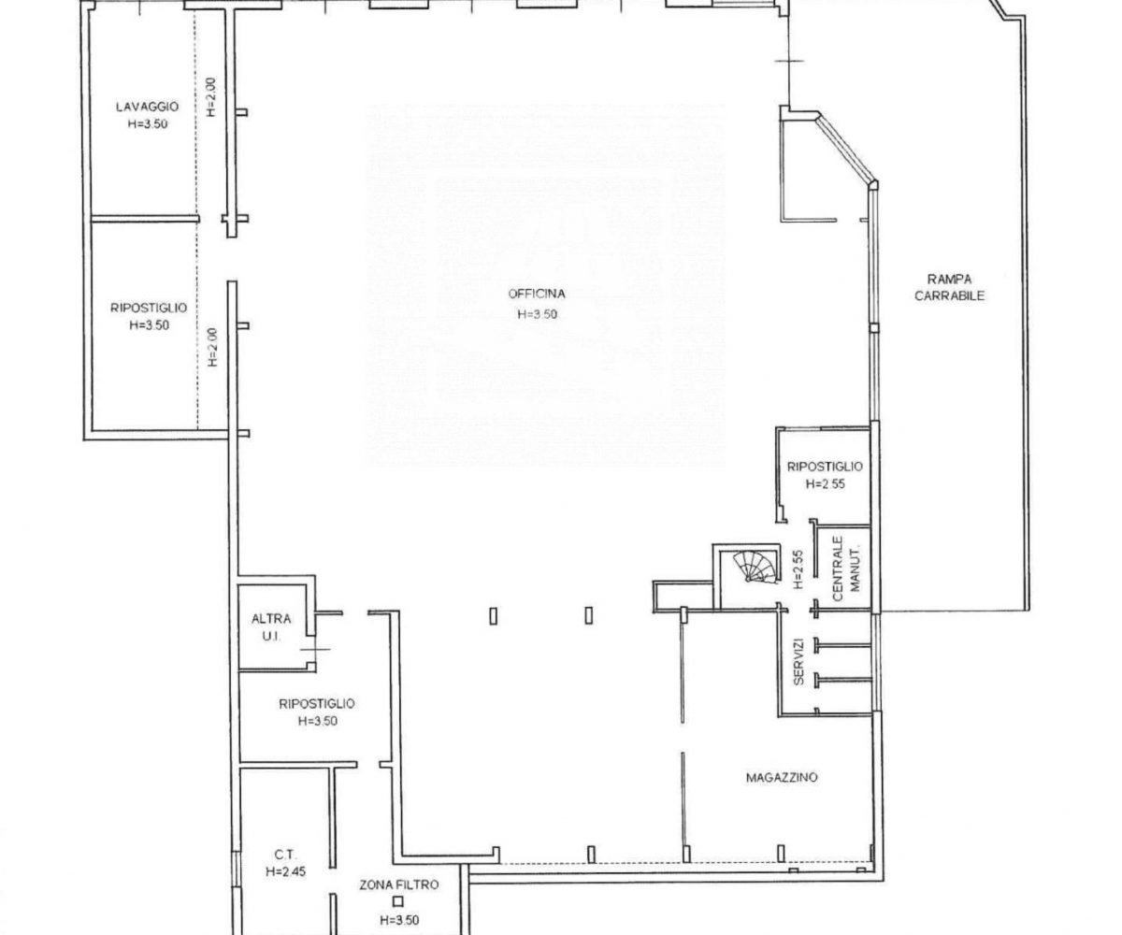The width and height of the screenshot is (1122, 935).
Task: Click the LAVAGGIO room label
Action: (x=147, y=107)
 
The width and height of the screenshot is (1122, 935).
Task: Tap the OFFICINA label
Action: (x=537, y=294)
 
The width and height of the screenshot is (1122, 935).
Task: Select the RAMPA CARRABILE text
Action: (x=950, y=287)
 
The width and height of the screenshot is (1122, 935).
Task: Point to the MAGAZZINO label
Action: (x=782, y=777)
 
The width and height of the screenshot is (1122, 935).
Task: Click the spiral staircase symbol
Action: (x=757, y=567)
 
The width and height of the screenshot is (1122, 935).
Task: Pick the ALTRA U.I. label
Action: (x=271, y=627)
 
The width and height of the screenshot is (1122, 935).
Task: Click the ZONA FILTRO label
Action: (x=398, y=885)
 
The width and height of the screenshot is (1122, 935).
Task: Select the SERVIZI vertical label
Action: (x=798, y=661)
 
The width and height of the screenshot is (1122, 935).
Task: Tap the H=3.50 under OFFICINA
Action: (x=537, y=314)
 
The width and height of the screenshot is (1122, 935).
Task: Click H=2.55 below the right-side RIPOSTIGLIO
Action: (x=825, y=483)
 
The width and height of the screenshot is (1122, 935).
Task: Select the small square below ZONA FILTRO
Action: (x=397, y=901)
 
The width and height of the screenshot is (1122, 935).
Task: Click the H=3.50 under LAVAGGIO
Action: (x=147, y=123)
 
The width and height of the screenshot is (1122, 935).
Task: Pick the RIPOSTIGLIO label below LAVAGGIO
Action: (x=149, y=308)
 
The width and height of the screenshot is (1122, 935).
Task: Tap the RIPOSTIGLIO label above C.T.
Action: (x=317, y=703)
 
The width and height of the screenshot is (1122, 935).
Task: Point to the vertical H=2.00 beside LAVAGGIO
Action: (x=211, y=97)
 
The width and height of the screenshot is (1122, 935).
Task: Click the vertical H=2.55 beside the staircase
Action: (x=798, y=568)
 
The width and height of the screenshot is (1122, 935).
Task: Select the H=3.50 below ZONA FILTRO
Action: (x=399, y=920)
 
